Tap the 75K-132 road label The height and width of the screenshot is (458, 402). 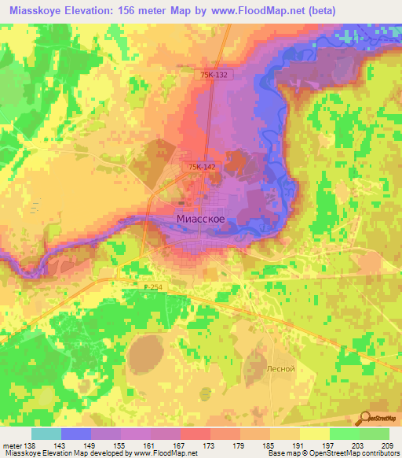(214, 75)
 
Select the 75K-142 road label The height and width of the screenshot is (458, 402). (202, 167)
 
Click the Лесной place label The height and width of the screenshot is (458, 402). (280, 368)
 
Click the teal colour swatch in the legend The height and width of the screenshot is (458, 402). (46, 434)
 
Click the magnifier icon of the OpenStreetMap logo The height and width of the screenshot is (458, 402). (364, 417)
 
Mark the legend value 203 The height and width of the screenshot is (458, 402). (360, 445)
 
